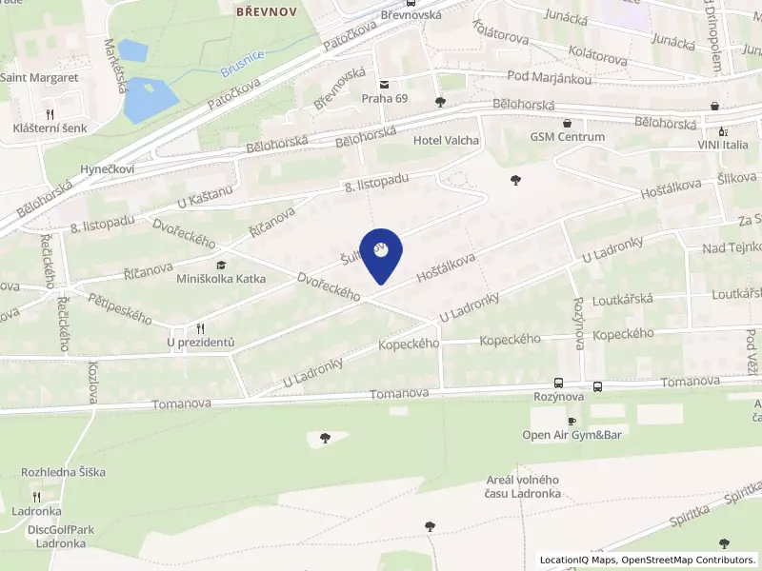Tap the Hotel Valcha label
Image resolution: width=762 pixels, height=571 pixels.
click(446, 140)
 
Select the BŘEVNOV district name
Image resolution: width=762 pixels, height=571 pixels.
click(266, 11)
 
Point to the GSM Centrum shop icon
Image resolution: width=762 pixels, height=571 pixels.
click(568, 122)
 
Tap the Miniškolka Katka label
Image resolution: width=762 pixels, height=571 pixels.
click(221, 279)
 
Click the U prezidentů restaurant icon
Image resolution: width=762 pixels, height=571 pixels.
click(200, 328)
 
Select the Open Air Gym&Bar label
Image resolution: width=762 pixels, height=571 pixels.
click(571, 435)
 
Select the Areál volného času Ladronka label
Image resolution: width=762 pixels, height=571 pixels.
click(522, 486)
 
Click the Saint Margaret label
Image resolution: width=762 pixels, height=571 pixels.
click(39, 78)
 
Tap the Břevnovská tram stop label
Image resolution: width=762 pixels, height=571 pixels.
click(411, 15)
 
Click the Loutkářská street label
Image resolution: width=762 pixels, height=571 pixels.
click(622, 299)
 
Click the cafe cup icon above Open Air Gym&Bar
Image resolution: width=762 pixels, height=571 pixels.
click(572, 421)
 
